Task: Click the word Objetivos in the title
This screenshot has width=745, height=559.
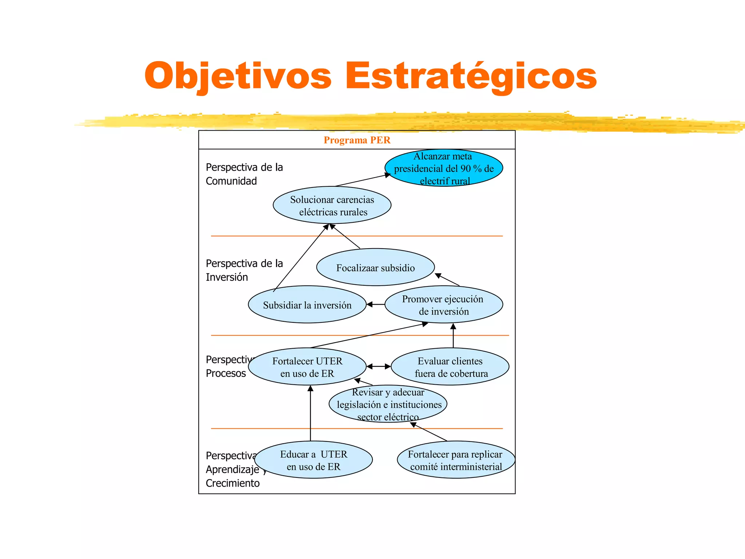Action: tap(238, 76)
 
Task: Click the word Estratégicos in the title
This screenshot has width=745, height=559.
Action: tap(471, 76)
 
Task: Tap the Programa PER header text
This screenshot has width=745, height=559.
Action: tap(357, 140)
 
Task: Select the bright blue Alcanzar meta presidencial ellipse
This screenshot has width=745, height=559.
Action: tap(444, 168)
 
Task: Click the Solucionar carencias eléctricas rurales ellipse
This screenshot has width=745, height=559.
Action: tap(332, 205)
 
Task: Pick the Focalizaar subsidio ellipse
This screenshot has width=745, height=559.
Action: tap(375, 267)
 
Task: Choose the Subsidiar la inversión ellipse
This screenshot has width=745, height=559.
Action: tap(307, 305)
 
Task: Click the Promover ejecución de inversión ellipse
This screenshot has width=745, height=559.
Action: tap(444, 305)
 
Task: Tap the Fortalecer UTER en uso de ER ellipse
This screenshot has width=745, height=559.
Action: tap(307, 367)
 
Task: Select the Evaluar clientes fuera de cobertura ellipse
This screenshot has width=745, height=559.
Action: tap(450, 367)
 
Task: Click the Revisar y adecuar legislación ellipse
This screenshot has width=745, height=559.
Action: tap(388, 404)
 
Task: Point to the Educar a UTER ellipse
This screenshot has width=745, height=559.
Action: tap(314, 460)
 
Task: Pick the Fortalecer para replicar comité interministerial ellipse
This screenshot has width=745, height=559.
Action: tap(456, 460)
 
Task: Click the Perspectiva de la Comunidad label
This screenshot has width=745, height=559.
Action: tap(244, 174)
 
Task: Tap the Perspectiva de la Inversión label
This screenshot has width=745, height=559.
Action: tap(244, 270)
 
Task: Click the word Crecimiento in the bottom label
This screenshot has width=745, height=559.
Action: tap(233, 483)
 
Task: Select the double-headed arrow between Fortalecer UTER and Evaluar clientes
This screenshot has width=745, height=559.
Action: tap(379, 366)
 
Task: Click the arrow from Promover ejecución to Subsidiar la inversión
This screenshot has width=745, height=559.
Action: tap(375, 304)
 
